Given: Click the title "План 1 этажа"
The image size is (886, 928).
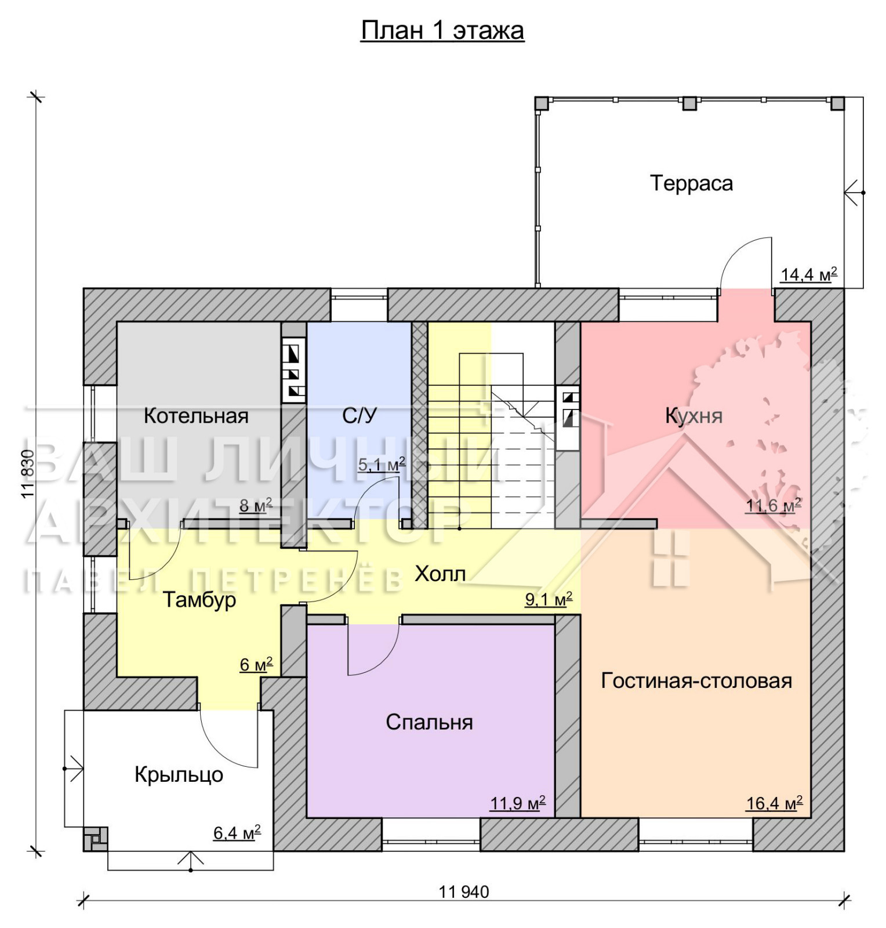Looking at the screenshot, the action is click(x=442, y=31).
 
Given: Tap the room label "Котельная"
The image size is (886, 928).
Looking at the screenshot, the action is click(x=196, y=416).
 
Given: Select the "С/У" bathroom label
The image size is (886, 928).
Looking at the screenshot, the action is click(x=360, y=415).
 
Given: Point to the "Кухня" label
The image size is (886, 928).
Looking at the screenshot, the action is click(x=693, y=416).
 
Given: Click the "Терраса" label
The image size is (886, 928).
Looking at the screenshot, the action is click(x=691, y=183).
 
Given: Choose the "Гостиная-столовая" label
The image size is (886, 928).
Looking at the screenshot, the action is click(x=696, y=680).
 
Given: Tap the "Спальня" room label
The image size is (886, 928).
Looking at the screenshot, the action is click(x=429, y=722).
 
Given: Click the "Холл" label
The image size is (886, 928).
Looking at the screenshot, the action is click(x=440, y=574).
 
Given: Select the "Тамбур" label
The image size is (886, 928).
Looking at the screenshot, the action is click(x=199, y=600).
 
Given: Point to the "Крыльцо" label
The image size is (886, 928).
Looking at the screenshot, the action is click(x=179, y=775).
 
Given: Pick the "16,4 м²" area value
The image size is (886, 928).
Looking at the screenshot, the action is click(x=774, y=803).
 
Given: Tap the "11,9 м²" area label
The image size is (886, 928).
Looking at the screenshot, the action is click(x=518, y=803).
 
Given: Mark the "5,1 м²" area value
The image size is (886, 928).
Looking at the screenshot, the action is click(x=381, y=465).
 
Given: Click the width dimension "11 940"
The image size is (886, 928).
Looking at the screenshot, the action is click(x=464, y=891).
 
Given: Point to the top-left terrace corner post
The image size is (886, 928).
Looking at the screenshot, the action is click(x=541, y=103).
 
